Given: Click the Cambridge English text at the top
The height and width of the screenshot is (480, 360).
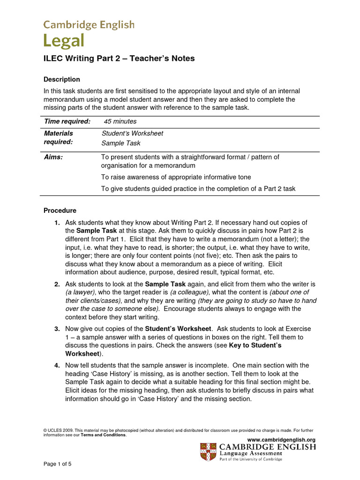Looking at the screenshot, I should pos(89,24).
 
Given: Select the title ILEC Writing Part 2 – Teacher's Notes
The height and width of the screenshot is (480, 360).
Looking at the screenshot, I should pos(119,59).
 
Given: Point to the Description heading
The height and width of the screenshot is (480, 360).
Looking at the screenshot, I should pos(61,79).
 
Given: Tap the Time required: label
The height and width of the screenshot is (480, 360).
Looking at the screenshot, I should pos(67,121).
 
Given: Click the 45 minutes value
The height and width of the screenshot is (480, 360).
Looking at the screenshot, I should pos(120,121).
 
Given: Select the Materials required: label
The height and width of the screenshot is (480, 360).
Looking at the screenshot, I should pos(59,137).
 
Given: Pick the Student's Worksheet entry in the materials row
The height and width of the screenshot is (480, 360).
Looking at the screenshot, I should pos(132,133).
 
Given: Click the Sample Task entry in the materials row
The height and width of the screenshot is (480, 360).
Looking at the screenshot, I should pos(121,143).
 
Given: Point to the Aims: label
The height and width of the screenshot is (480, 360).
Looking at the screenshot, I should pos(53,157).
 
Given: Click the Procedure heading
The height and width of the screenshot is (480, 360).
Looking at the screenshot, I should pos(60,210).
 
